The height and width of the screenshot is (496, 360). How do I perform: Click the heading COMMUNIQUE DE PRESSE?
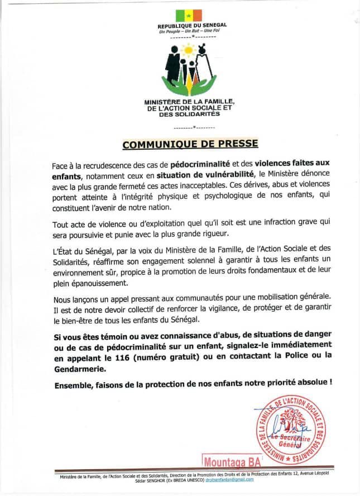pyautogui.click(x=190, y=144)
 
